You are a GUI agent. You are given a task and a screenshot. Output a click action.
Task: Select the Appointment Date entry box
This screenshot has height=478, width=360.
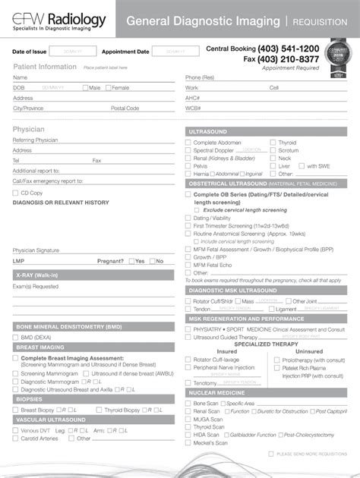click(x=175, y=52)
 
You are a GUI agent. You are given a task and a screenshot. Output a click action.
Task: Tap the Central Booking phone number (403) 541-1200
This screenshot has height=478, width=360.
click(x=289, y=49)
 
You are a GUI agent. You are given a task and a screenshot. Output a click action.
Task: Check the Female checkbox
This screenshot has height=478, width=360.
click(x=109, y=88)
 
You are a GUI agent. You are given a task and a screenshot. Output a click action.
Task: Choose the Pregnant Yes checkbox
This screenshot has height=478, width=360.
click(x=131, y=261)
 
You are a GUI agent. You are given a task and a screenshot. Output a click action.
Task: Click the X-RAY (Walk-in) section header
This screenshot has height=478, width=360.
click(x=38, y=274)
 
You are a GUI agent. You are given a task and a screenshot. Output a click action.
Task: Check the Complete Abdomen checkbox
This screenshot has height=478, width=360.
click(x=189, y=143)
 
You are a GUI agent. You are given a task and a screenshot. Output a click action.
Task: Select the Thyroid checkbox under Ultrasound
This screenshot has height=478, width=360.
click(x=273, y=143)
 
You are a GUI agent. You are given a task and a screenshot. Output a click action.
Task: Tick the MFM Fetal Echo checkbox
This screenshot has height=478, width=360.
click(x=189, y=265)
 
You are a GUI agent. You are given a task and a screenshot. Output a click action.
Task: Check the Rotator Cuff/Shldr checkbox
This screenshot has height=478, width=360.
click(x=189, y=301)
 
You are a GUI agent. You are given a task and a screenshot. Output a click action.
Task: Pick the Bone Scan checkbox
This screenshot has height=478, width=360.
click(x=189, y=404)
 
